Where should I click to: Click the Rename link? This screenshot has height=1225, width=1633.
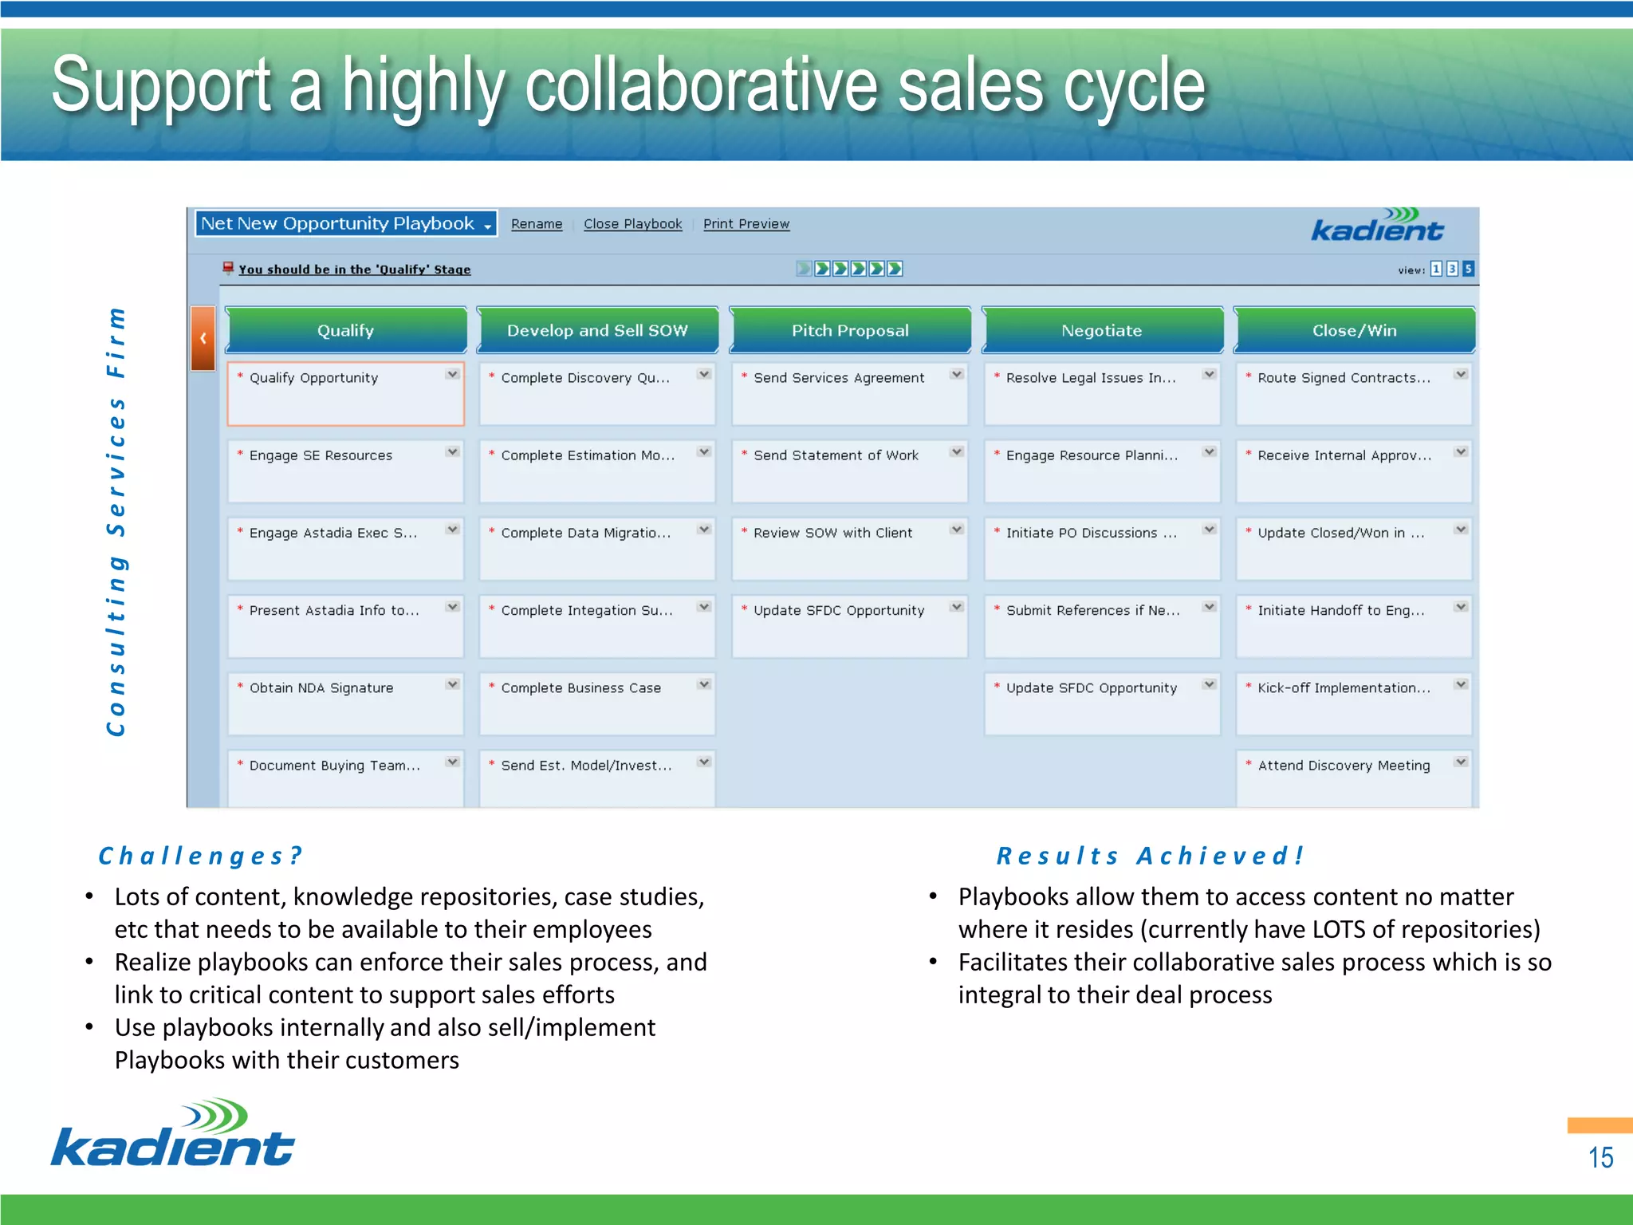click(x=537, y=224)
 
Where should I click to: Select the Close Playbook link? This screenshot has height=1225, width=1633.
click(x=632, y=224)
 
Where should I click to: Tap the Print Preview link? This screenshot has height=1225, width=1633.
click(x=746, y=224)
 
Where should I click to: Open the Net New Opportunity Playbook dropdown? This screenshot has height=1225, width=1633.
click(x=346, y=224)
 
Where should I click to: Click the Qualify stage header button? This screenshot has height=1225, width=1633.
click(x=345, y=330)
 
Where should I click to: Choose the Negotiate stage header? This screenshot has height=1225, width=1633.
click(x=1101, y=330)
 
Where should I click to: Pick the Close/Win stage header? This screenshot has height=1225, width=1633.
click(x=1354, y=330)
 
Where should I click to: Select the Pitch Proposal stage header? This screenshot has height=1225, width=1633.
click(x=850, y=330)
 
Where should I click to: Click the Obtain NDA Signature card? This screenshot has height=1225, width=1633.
click(x=345, y=703)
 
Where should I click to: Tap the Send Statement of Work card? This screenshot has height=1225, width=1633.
click(x=849, y=470)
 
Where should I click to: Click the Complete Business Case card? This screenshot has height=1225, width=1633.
click(x=596, y=703)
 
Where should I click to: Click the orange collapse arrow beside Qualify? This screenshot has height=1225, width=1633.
click(x=203, y=338)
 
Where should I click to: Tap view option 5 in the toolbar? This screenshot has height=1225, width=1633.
click(x=1468, y=269)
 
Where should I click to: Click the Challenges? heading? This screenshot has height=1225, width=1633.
click(x=199, y=856)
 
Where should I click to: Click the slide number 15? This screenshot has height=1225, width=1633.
click(x=1600, y=1157)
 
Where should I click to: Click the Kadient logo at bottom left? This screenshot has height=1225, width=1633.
click(x=173, y=1133)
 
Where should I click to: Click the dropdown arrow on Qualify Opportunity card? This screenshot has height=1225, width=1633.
click(x=452, y=374)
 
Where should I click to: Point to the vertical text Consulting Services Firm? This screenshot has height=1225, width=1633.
click(x=116, y=522)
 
